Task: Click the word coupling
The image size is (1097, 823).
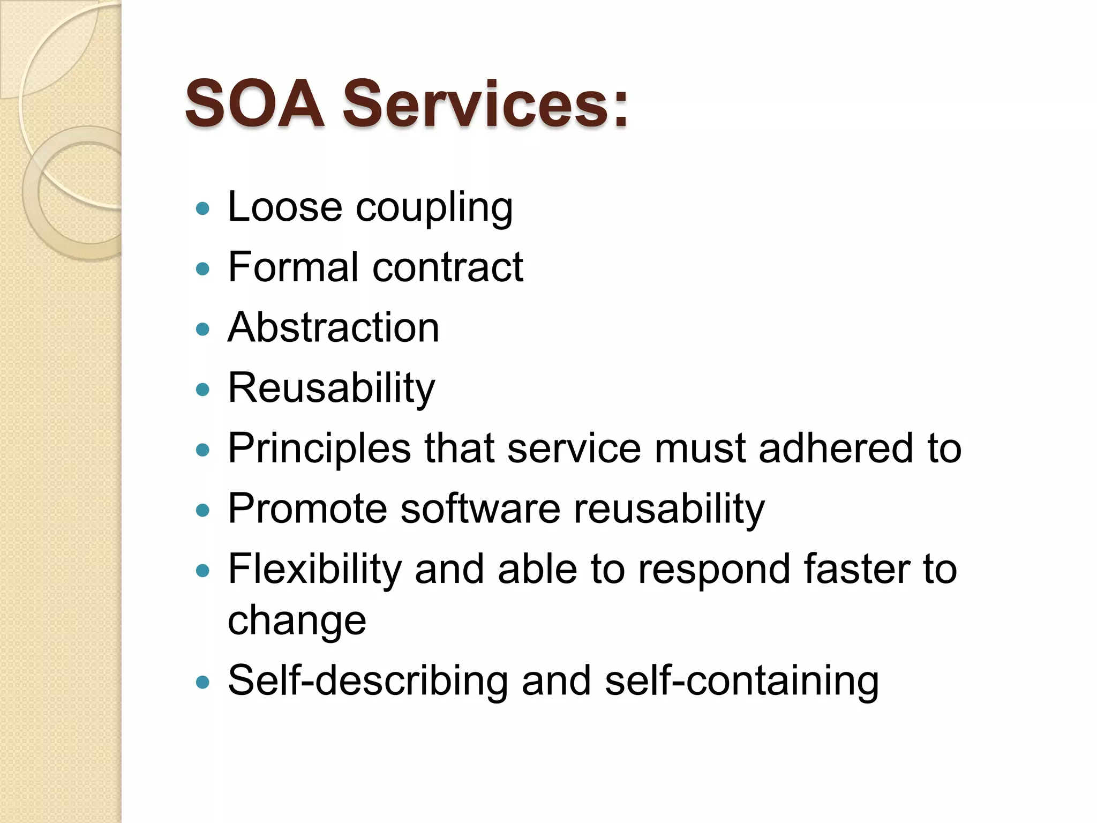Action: point(434,209)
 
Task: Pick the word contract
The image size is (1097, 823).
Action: point(448,268)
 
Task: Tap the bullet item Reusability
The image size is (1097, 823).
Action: point(331,388)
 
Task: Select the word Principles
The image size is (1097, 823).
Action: point(319,449)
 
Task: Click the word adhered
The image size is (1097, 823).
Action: point(836,448)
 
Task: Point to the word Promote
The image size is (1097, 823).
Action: point(307,508)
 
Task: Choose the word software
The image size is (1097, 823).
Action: point(480,508)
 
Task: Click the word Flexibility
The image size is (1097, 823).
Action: point(314,570)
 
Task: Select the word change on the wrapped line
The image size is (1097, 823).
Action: point(297,622)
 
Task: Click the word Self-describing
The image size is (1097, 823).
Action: point(367,681)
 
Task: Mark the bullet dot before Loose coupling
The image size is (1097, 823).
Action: point(202,208)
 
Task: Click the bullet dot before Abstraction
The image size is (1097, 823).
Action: point(202,329)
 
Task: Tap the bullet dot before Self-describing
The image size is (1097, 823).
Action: point(202,682)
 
